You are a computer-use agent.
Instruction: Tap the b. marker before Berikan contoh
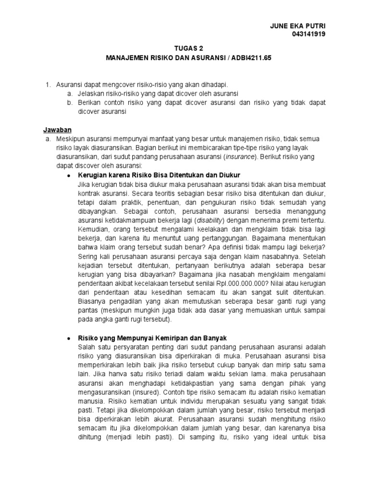click(x=70, y=102)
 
